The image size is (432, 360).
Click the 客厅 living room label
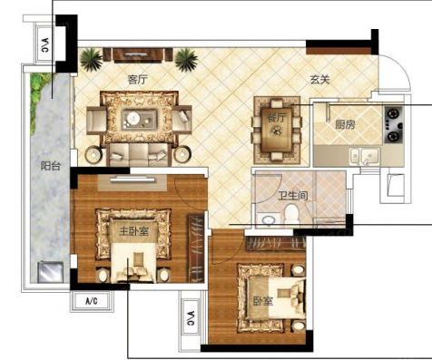pyautogui.click(x=138, y=80)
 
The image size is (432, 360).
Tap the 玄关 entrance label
pyautogui.click(x=319, y=80)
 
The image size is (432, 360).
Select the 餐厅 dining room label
pyautogui.click(x=276, y=118)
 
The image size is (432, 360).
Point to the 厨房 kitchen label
pyautogui.click(x=345, y=124)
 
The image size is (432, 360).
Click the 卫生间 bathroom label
pyautogui.click(x=293, y=196)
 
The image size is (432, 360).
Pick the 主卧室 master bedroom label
pyautogui.click(x=133, y=231)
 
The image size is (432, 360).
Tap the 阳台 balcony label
pyautogui.click(x=51, y=166)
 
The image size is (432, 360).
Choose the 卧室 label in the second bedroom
pyautogui.click(x=263, y=301)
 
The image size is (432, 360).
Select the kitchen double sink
pyautogui.click(x=365, y=156)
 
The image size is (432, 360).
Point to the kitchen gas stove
pyautogui.click(x=394, y=125)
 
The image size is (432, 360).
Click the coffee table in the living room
pyautogui.click(x=139, y=120)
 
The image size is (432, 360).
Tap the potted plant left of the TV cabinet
pyautogui.click(x=91, y=59)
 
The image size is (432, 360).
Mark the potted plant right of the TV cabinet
pyautogui.click(x=186, y=59)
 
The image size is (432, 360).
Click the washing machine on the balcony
pyautogui.click(x=51, y=272)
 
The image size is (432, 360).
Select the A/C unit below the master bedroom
pyautogui.click(x=92, y=301)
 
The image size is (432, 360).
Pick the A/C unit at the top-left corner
pyautogui.click(x=44, y=44)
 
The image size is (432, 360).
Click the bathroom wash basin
pyautogui.click(x=268, y=220)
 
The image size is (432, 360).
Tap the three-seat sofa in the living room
pyautogui.click(x=139, y=154)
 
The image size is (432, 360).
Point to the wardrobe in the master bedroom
pyautogui.click(x=196, y=248)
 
